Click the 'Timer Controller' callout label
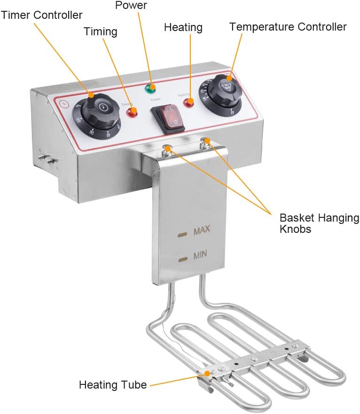pos(41,15)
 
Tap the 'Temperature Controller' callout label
pos(288,27)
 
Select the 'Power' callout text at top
pos(131,6)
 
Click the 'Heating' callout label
pos(183,27)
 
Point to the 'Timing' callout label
pos(100,32)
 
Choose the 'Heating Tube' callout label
pos(112,385)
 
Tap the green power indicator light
pos(151,87)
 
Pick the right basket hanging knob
pos(205,142)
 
